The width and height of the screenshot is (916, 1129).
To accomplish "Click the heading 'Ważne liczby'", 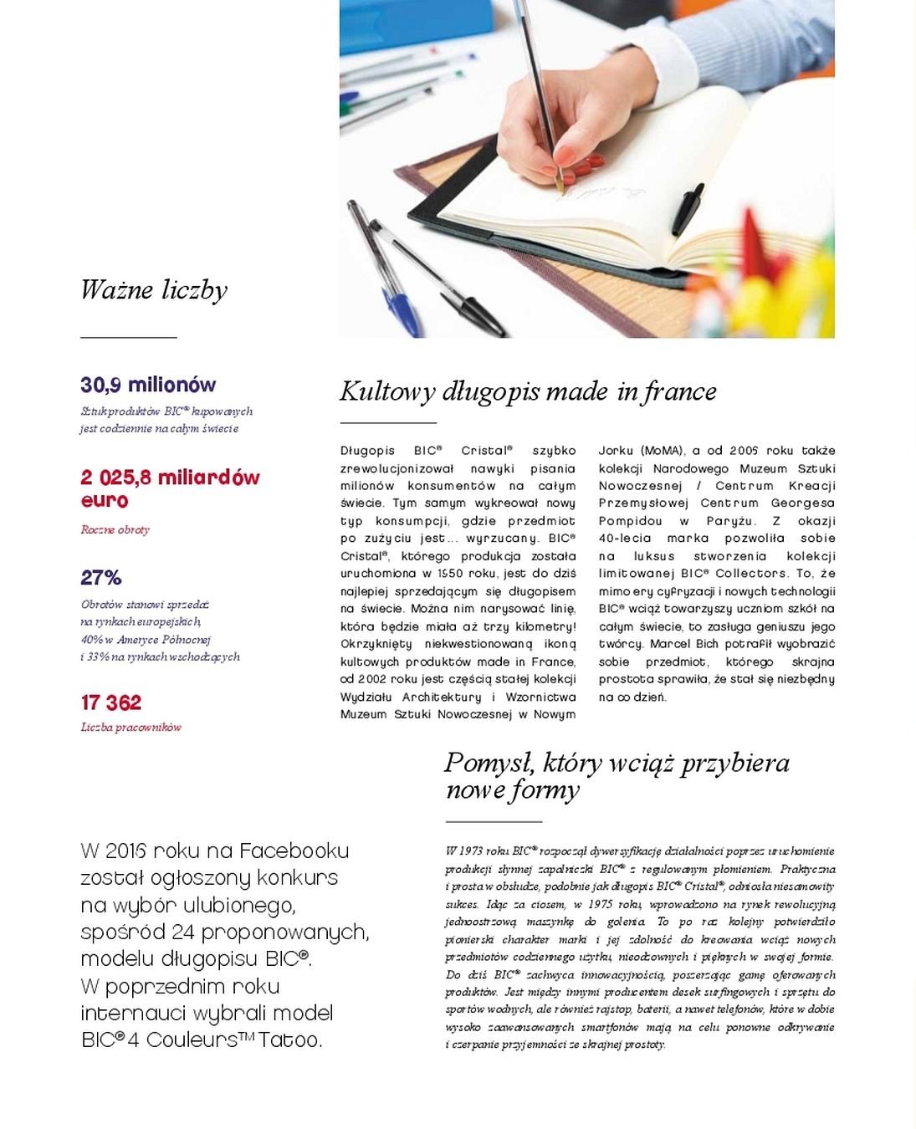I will click(153, 290).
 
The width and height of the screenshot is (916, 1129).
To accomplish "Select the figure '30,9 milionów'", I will click(148, 386).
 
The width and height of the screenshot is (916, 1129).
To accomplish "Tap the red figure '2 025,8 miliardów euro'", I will click(170, 489).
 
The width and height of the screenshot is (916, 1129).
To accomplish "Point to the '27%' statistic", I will click(101, 578).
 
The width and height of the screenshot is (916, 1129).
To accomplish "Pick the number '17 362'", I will click(111, 702).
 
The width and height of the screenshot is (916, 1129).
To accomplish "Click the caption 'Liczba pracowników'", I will click(131, 728).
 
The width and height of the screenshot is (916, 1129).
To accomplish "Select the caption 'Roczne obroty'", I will click(115, 530).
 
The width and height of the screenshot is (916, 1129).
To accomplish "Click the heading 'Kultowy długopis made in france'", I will click(528, 391).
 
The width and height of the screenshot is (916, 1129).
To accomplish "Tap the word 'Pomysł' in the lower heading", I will click(489, 763).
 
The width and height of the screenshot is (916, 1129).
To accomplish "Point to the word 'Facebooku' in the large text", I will click(294, 851).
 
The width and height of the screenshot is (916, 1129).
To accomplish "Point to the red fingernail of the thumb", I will click(581, 173).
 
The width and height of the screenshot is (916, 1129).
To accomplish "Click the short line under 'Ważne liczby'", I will click(129, 337).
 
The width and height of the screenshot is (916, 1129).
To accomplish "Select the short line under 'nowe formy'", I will click(494, 822).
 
